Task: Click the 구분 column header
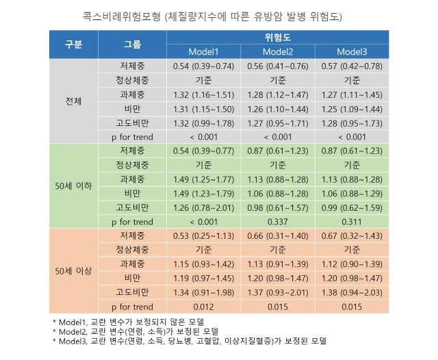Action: [x=74, y=44]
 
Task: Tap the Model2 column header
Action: [x=278, y=51]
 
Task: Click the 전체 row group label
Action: [x=74, y=101]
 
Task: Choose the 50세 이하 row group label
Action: [x=74, y=185]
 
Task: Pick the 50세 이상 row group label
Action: [x=74, y=271]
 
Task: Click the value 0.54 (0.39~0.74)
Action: [x=203, y=66]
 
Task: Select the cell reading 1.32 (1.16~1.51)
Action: [x=203, y=94]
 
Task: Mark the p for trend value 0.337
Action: [x=278, y=222]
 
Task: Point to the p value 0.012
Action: [x=203, y=307]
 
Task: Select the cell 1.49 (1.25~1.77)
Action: [x=203, y=179]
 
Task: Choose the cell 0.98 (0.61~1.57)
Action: [x=278, y=207]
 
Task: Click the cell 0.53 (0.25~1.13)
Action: [x=203, y=236]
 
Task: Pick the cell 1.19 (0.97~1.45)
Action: [x=203, y=279]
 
